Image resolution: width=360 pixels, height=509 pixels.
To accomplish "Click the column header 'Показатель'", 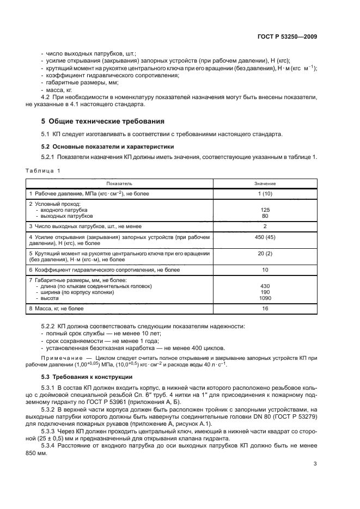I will (x=119, y=183).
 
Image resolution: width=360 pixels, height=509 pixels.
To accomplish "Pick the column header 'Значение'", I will (x=265, y=183).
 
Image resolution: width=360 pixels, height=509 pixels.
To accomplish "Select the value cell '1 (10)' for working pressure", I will (x=265, y=193).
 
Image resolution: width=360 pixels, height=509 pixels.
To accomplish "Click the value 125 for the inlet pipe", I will (x=265, y=210).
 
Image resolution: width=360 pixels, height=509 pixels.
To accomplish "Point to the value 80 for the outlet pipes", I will (x=265, y=216).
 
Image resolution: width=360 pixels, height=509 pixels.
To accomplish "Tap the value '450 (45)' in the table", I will (x=265, y=237).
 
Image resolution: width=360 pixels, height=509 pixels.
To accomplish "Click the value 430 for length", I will (x=265, y=286).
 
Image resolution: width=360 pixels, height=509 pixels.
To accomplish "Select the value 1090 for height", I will (x=265, y=298).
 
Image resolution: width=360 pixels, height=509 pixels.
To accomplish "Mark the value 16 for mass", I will (x=265, y=309).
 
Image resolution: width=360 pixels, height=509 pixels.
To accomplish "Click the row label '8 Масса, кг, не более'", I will (x=56, y=309).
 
